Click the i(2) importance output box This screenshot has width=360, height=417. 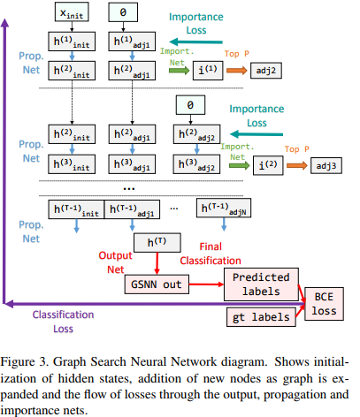click(x=249, y=163)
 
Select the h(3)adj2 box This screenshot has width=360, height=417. click(x=189, y=163)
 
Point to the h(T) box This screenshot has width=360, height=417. click(x=155, y=241)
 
